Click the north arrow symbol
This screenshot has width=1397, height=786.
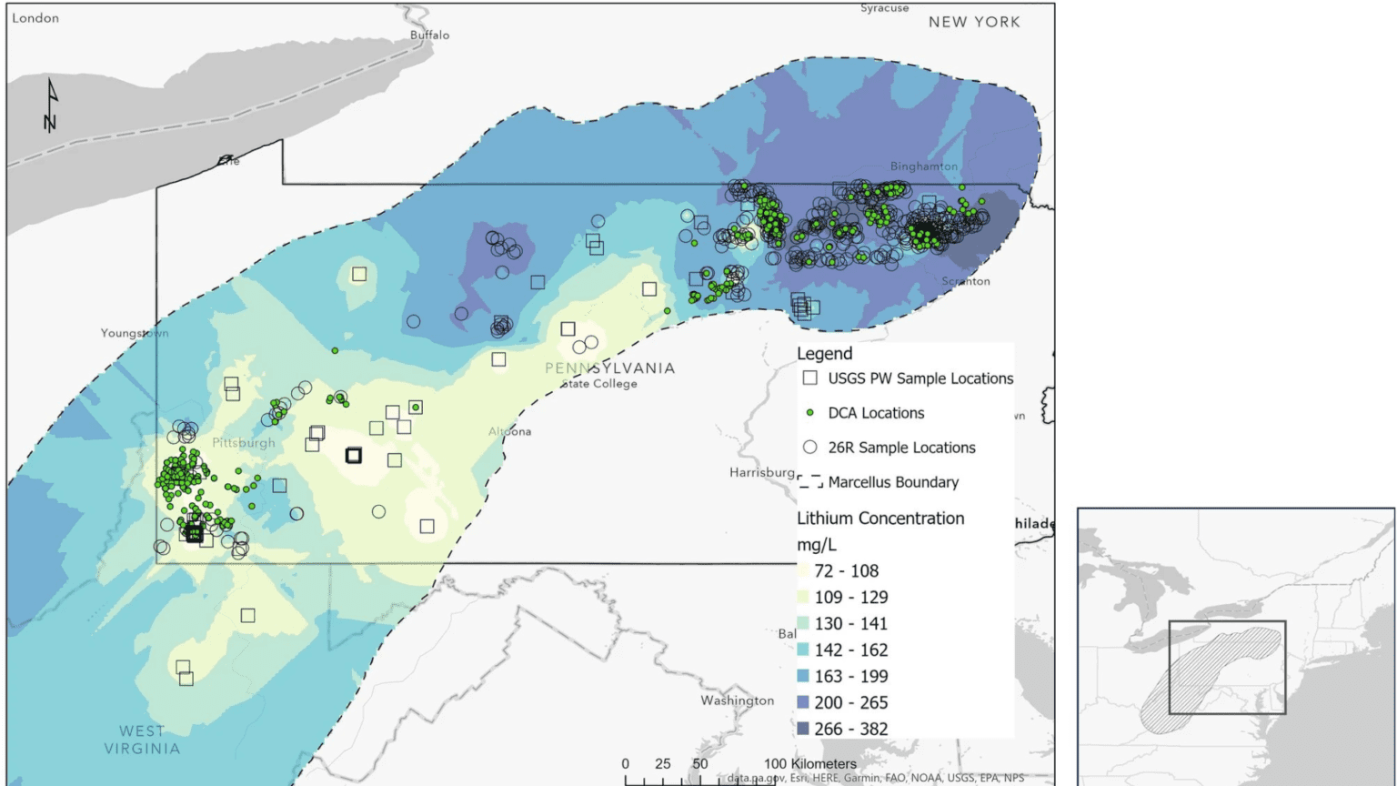(x=51, y=106)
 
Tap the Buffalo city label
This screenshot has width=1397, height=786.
(x=429, y=35)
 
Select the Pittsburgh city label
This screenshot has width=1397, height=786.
(x=243, y=443)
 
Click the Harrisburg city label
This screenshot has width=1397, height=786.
(x=761, y=472)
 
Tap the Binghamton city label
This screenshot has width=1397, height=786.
(x=923, y=166)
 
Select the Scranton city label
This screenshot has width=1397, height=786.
(x=965, y=281)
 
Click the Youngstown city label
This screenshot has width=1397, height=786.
(x=134, y=333)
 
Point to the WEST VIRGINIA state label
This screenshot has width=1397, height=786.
(x=142, y=740)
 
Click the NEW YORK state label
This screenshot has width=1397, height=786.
(x=973, y=22)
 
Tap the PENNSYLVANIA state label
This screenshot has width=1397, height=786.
(x=609, y=368)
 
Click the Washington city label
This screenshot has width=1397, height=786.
(x=737, y=700)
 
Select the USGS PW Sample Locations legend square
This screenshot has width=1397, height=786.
(x=809, y=378)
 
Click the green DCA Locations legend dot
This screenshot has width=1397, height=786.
(x=809, y=413)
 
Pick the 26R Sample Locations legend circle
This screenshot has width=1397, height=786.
(x=809, y=447)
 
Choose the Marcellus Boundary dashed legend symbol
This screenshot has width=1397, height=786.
(x=809, y=481)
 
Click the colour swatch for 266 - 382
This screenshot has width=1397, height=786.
(x=803, y=729)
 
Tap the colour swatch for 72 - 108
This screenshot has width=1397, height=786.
(x=803, y=571)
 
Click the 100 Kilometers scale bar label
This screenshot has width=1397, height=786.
(x=809, y=763)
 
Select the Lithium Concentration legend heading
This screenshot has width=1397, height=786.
(x=879, y=519)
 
